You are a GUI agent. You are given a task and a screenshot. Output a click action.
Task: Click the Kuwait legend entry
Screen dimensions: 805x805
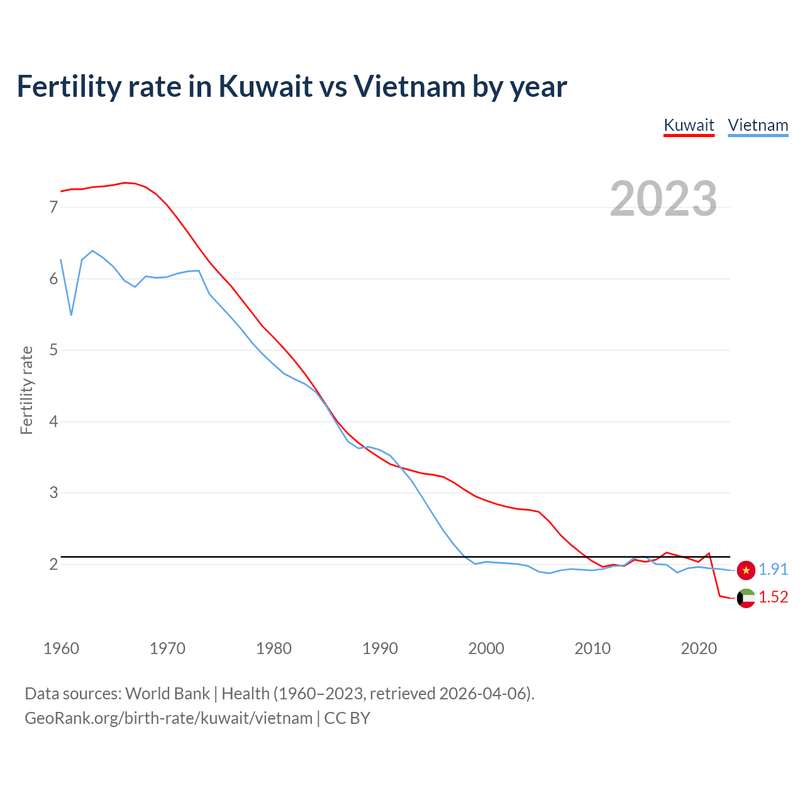pos(689,125)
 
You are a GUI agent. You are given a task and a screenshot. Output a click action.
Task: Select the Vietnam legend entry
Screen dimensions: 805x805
pos(758,125)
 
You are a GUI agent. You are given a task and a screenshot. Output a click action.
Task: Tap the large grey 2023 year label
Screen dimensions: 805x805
pos(663,199)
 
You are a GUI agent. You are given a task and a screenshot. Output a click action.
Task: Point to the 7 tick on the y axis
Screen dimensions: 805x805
pos(53,207)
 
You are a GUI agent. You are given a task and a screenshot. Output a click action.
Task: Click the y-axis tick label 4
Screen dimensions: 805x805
pos(53,421)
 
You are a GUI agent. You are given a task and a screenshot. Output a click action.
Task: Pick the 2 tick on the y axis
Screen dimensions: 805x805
pos(53,564)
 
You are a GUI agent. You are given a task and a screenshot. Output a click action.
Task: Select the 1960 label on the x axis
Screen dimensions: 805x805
pos(61,648)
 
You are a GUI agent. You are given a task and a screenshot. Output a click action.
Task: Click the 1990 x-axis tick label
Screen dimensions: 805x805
pos(380,648)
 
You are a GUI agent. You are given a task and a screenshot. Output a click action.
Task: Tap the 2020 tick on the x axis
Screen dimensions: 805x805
pos(699,648)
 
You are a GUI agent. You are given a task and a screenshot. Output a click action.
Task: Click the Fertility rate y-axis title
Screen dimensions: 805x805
pos(26,390)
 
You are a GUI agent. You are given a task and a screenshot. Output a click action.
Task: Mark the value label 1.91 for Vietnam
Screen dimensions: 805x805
pos(773,569)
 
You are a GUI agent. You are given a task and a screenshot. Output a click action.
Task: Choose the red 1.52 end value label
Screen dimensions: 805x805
pos(773,597)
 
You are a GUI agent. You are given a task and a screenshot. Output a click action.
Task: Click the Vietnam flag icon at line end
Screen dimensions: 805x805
pos(746,570)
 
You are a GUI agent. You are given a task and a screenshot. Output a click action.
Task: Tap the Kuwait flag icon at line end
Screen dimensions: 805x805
pos(746,598)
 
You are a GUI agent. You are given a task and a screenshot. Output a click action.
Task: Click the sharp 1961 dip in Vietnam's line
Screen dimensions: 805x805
pos(71,314)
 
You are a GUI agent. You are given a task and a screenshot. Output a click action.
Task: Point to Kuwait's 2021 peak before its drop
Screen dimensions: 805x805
pos(709,553)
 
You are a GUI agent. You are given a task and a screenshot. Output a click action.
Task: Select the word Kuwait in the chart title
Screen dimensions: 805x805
pos(265,86)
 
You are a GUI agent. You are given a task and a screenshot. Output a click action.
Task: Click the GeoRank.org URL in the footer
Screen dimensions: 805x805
pos(169,718)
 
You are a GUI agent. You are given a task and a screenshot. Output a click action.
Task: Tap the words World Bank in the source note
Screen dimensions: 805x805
pos(167,694)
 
